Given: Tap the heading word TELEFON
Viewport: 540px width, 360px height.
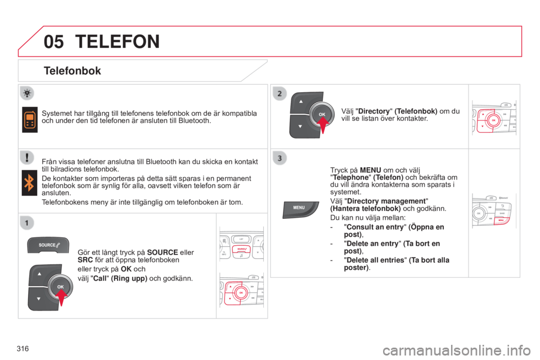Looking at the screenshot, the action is [x=116, y=41].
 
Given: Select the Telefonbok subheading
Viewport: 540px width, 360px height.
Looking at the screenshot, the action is [x=72, y=71].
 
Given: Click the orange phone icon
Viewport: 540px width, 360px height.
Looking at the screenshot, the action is [x=30, y=119].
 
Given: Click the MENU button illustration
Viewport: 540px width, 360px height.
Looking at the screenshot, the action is [x=299, y=208].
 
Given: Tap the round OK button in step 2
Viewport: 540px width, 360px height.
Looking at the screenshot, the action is [x=322, y=114].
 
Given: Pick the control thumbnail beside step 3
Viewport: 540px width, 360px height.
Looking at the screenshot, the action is [x=494, y=213].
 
